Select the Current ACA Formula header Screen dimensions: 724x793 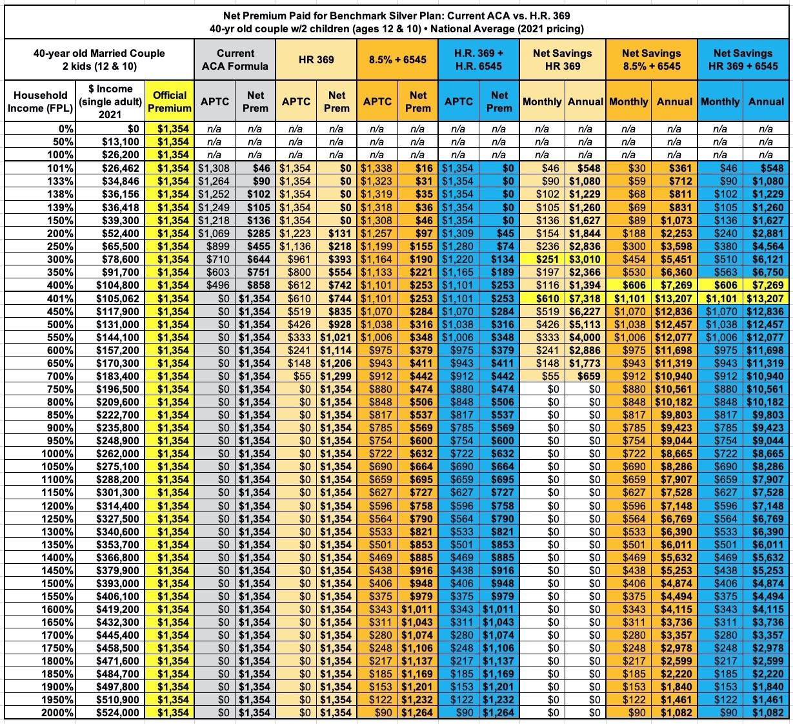point(235,59)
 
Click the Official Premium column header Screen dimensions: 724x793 point(169,101)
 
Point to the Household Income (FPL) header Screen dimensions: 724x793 point(41,101)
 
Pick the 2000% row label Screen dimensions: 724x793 point(59,712)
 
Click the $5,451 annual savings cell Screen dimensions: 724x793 point(676,258)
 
